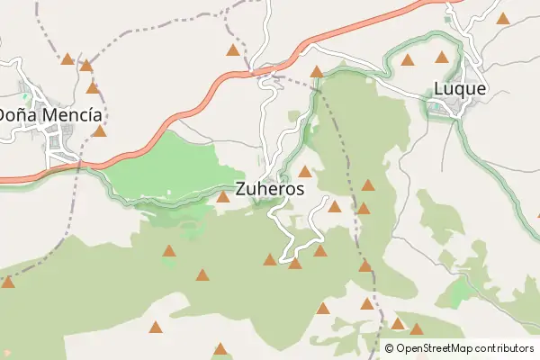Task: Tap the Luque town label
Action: (460, 89)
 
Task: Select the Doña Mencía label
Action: (50, 115)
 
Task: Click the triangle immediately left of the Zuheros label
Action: (222, 196)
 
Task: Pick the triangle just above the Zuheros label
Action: (305, 171)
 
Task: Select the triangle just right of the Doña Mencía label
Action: (100, 131)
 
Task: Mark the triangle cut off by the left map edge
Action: (7, 283)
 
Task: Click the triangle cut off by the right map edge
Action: (537, 214)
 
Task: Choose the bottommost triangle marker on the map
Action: (220, 348)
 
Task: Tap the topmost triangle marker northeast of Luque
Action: (502, 17)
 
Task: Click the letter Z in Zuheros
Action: (240, 190)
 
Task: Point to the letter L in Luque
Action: (439, 89)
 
